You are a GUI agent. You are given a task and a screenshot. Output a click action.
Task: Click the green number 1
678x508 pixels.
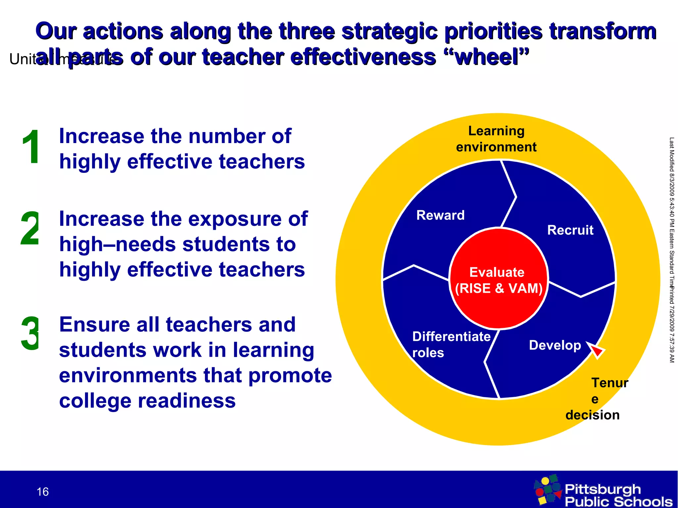(31, 147)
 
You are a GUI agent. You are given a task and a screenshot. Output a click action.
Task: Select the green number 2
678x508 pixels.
(30, 229)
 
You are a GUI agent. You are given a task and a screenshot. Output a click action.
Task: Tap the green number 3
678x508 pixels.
(30, 334)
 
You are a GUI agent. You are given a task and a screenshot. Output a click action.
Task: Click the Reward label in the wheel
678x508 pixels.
(440, 216)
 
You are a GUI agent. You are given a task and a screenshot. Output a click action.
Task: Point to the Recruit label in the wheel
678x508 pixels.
(570, 230)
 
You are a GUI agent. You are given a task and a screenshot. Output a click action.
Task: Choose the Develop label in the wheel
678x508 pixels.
(555, 345)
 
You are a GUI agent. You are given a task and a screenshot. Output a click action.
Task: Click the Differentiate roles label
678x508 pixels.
(451, 344)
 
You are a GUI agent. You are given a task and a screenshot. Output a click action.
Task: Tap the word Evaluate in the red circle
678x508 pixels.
(497, 272)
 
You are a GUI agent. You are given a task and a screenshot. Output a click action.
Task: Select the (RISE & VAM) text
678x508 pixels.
(499, 288)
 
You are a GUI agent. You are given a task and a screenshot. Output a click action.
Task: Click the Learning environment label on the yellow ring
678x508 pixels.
(496, 139)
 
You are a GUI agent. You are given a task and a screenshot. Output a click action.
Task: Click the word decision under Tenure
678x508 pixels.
(592, 415)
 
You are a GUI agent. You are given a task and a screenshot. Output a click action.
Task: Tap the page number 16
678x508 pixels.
(43, 492)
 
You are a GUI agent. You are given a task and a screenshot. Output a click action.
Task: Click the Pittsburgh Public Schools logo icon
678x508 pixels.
(548, 490)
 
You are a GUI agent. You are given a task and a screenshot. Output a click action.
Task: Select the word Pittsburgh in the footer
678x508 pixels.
(603, 489)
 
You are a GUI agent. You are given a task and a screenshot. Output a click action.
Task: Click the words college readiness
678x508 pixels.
(147, 401)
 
